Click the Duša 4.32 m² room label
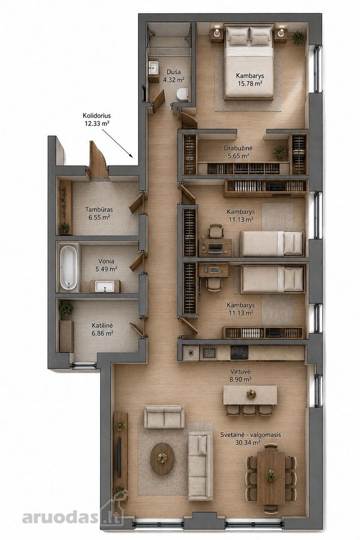click(173, 76)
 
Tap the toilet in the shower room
click(182, 94)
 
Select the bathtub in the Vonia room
click(68, 267)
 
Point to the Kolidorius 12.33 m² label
click(97, 119)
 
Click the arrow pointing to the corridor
click(117, 143)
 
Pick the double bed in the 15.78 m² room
click(249, 62)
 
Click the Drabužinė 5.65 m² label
click(238, 152)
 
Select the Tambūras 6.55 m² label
click(99, 213)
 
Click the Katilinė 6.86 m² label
click(103, 329)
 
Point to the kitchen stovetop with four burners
click(239, 352)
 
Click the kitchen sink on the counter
click(209, 353)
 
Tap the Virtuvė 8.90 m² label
click(241, 376)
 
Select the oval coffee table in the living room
click(162, 458)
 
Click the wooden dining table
click(271, 476)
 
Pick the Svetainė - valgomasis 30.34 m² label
click(250, 439)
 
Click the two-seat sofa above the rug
click(164, 417)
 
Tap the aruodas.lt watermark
click(73, 517)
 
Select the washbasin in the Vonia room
click(105, 286)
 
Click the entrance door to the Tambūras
click(98, 159)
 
